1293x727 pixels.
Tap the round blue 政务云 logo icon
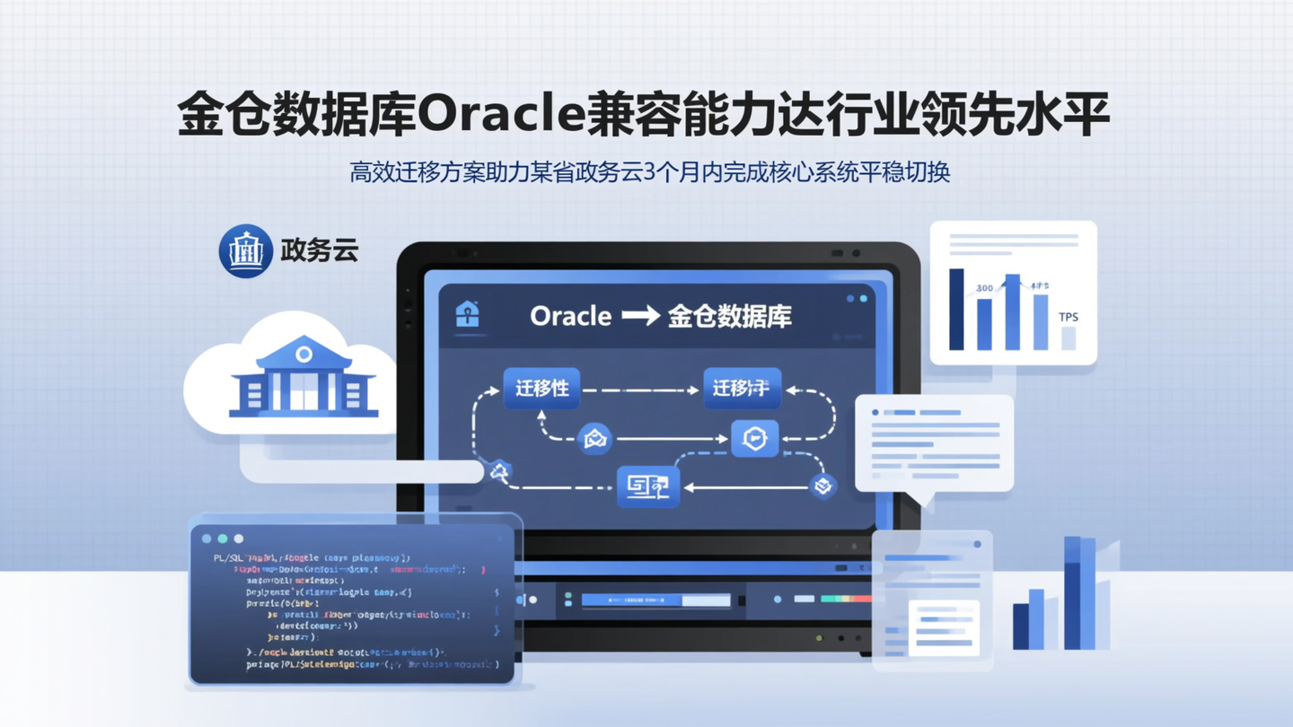245,250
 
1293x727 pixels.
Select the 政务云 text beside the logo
320,250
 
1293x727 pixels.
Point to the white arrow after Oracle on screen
640,316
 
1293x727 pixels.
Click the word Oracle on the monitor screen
570,316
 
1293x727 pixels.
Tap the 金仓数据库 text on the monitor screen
729,316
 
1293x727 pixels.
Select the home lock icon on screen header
467,314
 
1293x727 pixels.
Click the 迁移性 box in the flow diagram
541,389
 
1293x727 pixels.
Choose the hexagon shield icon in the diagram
754,439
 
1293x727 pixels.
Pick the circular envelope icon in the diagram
594,439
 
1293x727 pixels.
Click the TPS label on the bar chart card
1068,317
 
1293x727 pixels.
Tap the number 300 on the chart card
984,288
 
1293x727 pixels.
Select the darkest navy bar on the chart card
956,309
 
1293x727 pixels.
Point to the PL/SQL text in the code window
229,558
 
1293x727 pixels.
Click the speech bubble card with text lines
934,443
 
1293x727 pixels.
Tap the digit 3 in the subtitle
651,171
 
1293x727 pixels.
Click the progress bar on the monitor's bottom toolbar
655,600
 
